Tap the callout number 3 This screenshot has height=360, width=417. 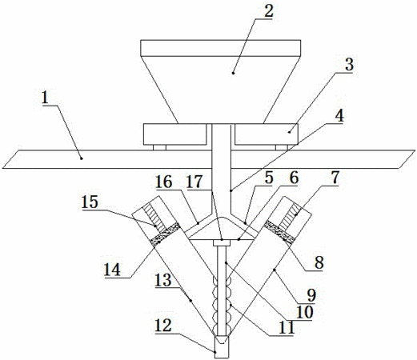349,64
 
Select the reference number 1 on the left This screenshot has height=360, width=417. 45,98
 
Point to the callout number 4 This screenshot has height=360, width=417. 339,115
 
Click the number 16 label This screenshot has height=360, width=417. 164,182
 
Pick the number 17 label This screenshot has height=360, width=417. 194,182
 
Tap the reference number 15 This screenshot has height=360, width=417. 90,202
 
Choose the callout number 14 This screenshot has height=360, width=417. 112,270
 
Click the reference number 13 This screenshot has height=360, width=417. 163,280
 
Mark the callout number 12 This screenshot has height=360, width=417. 163,325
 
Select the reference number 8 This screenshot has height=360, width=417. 319,262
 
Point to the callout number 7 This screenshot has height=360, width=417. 335,177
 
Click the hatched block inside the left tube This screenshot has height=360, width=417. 154,219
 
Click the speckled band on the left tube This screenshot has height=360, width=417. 166,234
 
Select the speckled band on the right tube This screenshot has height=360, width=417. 279,232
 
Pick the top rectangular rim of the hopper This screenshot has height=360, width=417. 221,48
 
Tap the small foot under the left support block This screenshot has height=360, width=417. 159,147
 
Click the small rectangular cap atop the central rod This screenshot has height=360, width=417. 222,242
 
